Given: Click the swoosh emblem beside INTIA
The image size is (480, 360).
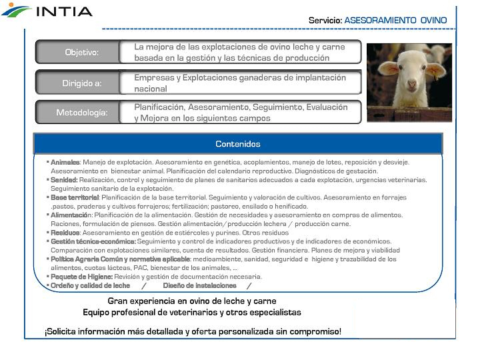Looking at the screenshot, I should point(16,10).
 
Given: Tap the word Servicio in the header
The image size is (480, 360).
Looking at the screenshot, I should point(325,21).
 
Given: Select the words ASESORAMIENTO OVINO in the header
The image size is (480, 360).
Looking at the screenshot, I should point(395,21).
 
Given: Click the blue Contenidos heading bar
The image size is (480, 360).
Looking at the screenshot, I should point(238,144).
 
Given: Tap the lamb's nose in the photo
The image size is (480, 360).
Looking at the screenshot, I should point(411,86).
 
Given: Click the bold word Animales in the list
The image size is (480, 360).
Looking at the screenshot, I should point(65,162).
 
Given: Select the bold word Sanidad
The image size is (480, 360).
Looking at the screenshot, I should point(64,180).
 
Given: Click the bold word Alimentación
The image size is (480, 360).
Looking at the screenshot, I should point(71,215).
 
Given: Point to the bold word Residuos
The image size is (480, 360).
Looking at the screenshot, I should point(65,233).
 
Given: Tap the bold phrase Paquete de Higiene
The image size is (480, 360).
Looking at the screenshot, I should point(81,276).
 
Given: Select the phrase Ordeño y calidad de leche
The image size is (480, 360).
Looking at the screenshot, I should point(90,285).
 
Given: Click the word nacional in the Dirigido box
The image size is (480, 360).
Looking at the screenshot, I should point(151,89).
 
